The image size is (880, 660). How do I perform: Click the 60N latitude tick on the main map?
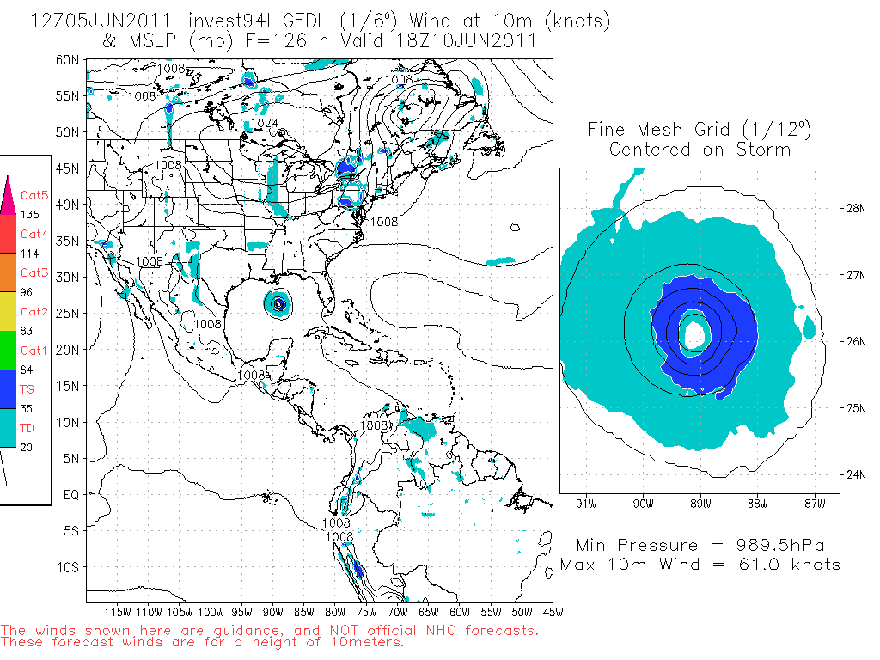tap(68, 60)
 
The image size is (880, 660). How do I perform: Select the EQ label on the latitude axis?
tap(71, 495)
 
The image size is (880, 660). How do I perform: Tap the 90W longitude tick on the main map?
tap(273, 612)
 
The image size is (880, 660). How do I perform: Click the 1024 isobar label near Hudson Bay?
tap(265, 124)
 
